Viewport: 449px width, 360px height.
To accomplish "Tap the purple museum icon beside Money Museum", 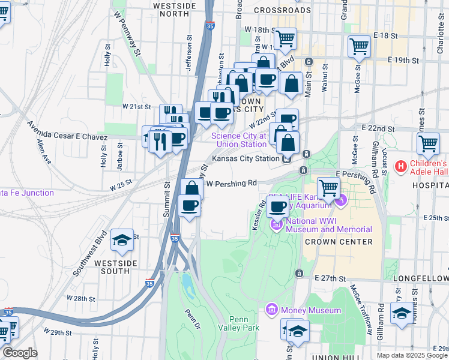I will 271,310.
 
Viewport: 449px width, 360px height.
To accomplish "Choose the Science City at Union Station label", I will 239,140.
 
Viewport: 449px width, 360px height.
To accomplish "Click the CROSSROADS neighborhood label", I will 282,10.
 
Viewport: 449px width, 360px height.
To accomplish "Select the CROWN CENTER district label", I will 338,242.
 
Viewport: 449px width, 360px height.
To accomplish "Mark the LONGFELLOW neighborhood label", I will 420,279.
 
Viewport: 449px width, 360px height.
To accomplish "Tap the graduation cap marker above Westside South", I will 122,240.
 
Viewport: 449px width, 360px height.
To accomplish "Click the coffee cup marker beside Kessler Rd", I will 277,206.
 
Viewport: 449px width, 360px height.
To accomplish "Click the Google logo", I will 20,353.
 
